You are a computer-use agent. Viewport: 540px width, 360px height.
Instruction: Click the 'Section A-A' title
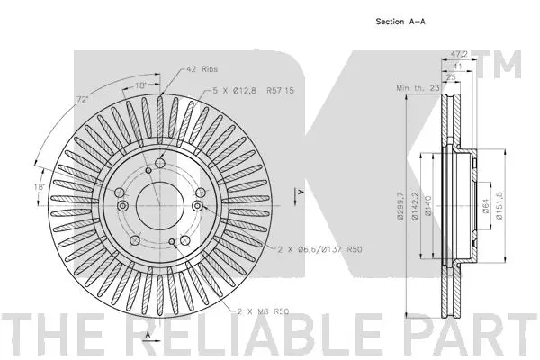400,22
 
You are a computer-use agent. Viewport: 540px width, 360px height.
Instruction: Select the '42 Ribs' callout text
202,69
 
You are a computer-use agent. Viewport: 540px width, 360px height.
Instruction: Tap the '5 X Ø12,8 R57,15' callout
254,91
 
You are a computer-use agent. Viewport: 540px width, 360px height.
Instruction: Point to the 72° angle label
82,100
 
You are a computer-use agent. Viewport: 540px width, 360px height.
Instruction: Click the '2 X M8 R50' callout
263,311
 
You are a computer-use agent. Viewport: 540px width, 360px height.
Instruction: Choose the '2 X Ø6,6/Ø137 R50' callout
319,249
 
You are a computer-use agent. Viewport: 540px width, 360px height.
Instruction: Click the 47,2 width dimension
459,54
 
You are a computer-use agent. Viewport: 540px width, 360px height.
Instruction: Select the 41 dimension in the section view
457,66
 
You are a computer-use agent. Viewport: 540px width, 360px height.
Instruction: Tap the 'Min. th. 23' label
418,88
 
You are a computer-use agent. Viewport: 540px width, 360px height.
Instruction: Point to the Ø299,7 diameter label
400,206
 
